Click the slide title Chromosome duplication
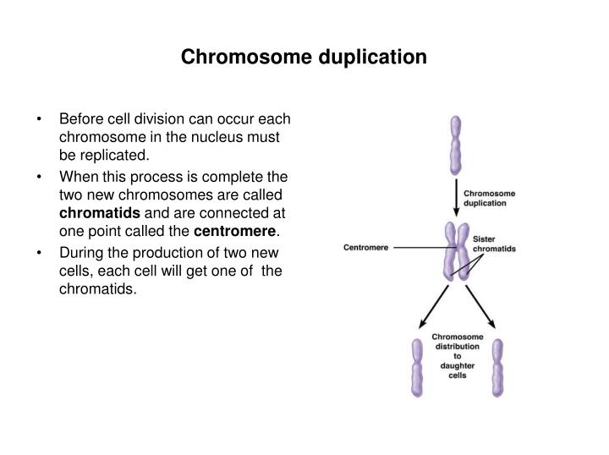tap(304, 58)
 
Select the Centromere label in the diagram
tap(366, 248)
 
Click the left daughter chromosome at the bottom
tap(416, 367)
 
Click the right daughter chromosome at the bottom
tap(497, 367)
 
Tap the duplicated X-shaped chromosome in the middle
tap(457, 250)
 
